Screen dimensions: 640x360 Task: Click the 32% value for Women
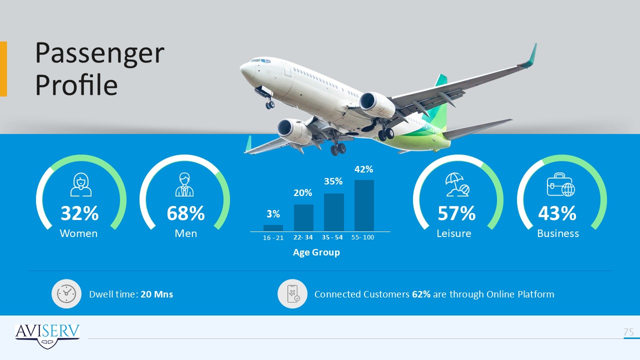click(79, 213)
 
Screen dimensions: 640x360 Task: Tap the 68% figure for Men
click(185, 213)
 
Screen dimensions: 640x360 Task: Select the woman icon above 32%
click(81, 184)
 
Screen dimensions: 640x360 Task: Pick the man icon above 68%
click(184, 184)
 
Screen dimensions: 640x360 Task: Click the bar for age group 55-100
click(364, 205)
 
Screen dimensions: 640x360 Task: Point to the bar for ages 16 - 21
click(273, 228)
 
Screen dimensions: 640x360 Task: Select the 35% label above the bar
click(333, 181)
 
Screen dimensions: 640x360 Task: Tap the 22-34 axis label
click(303, 237)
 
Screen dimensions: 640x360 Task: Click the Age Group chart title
click(316, 252)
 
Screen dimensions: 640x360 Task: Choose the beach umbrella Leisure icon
click(457, 185)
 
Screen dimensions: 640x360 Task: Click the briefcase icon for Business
click(561, 184)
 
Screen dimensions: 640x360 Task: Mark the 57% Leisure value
click(456, 213)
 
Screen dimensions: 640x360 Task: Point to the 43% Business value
click(557, 213)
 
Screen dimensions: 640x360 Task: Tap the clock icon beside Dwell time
click(66, 293)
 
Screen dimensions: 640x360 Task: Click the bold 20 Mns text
click(157, 294)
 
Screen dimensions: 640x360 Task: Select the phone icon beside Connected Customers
click(292, 293)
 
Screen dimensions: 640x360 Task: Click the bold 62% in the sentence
click(421, 294)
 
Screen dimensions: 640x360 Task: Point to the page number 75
click(628, 332)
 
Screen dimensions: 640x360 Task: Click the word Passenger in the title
click(99, 53)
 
